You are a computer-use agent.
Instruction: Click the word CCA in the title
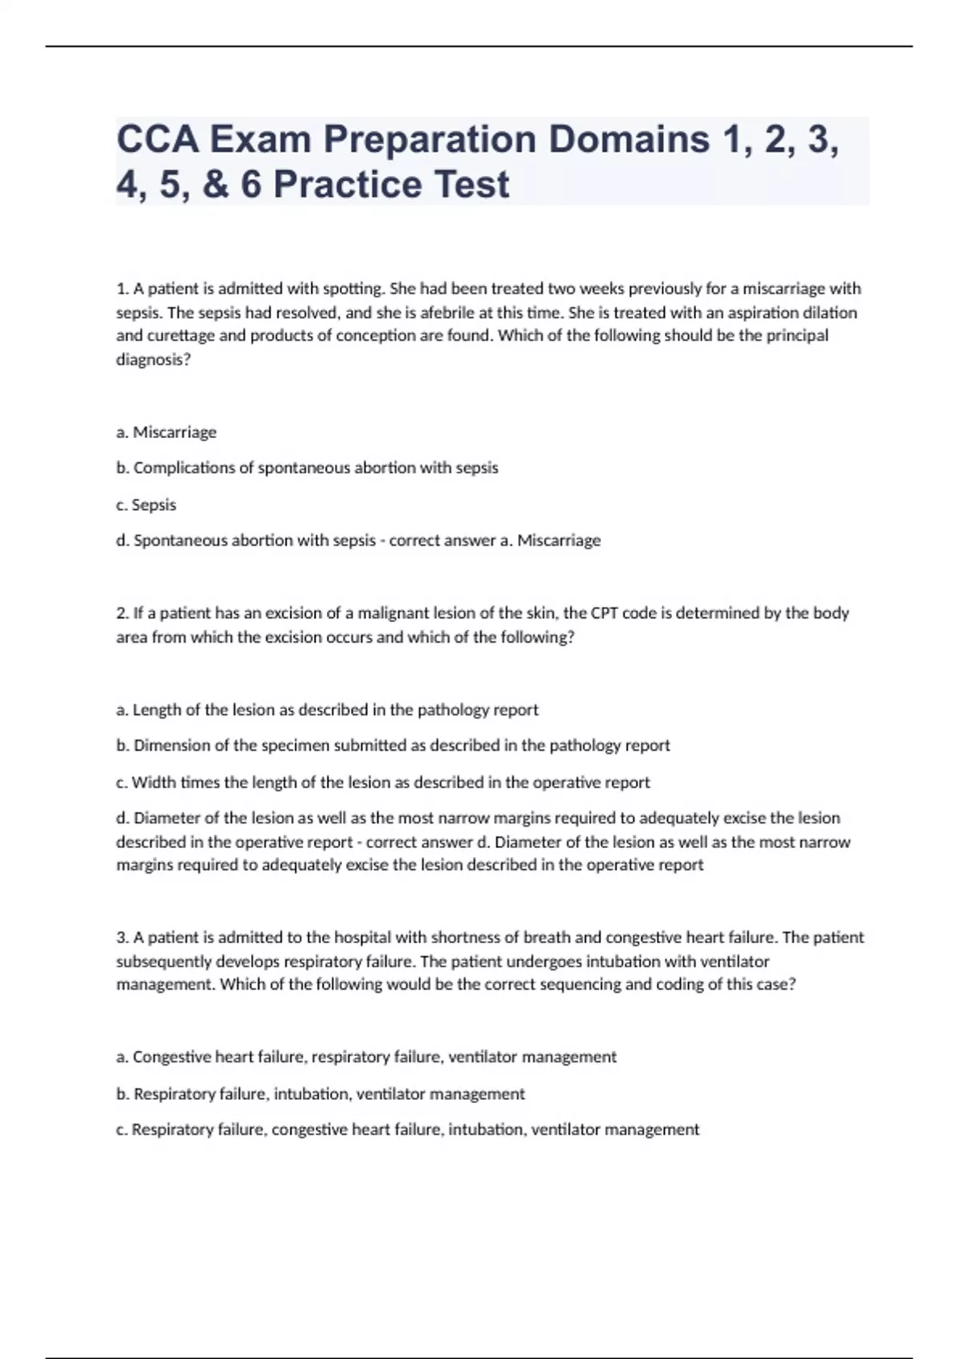pyautogui.click(x=157, y=139)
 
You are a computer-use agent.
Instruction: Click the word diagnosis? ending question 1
pyautogui.click(x=153, y=360)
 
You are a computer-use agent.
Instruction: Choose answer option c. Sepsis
pyautogui.click(x=146, y=505)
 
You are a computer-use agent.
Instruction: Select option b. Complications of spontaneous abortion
pyautogui.click(x=308, y=468)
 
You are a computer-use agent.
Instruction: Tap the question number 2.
pyautogui.click(x=122, y=613)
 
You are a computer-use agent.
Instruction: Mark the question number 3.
pyautogui.click(x=122, y=937)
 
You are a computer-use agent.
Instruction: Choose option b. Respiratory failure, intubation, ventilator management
pyautogui.click(x=320, y=1094)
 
